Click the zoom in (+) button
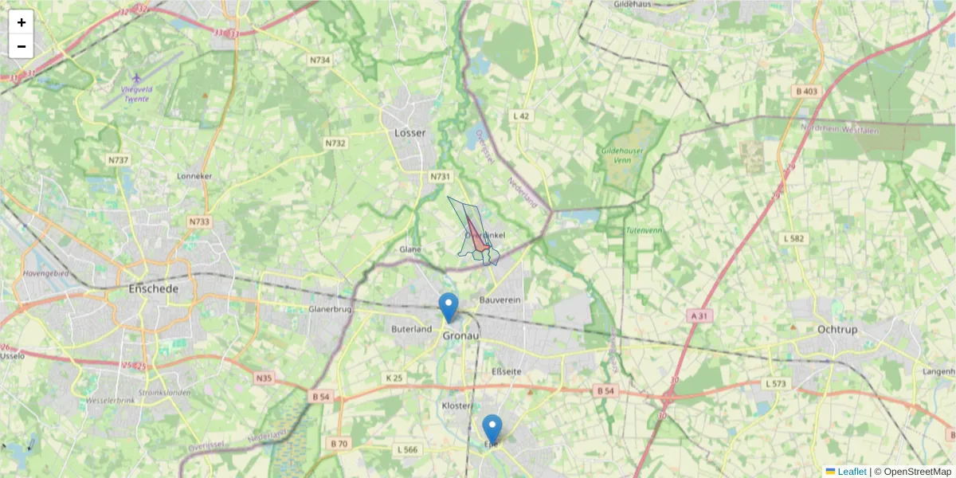[22, 22]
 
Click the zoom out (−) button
[22, 46]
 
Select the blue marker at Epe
[492, 428]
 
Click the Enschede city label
[154, 288]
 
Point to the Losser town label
[410, 133]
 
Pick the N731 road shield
[441, 176]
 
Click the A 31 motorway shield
[699, 316]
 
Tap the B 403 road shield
[806, 92]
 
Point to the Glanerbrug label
[330, 308]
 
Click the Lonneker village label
[195, 175]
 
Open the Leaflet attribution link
[851, 472]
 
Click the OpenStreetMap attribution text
[916, 472]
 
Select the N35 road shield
[264, 377]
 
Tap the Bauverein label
[500, 300]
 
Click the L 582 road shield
[794, 238]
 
